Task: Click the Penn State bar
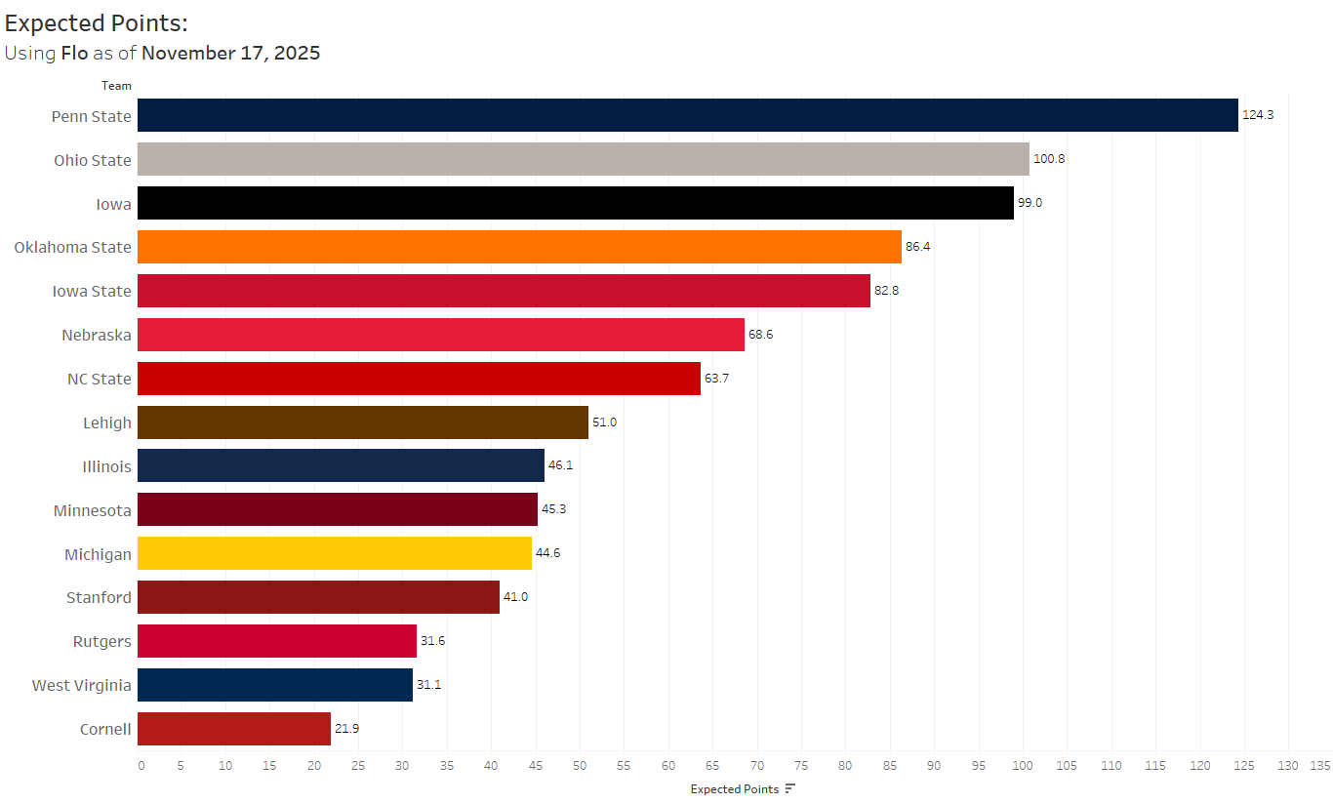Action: pos(687,115)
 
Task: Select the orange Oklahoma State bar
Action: pos(519,247)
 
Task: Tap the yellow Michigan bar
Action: pos(334,553)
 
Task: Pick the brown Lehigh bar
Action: pos(362,422)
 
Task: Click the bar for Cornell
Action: pos(233,729)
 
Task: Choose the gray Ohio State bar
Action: pos(583,159)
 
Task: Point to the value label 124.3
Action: pos(1258,115)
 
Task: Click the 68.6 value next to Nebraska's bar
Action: pos(761,335)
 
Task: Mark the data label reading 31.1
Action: pos(429,685)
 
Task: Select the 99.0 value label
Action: pos(1030,203)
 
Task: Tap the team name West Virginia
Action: pos(81,685)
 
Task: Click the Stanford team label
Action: pos(99,597)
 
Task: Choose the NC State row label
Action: pos(98,379)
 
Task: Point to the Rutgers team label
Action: pos(101,641)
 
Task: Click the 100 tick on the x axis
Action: pos(1023,766)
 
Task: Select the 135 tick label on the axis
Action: pos(1319,766)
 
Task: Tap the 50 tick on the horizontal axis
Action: pos(580,766)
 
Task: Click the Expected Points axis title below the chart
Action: pos(734,789)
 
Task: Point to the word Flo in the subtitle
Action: pos(74,53)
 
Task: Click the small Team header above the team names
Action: pos(116,86)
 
